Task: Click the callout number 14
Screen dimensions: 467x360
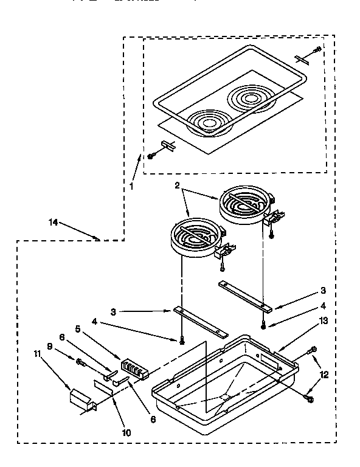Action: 54,223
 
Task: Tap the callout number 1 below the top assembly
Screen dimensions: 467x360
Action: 131,187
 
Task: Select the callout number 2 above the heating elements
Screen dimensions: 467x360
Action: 178,187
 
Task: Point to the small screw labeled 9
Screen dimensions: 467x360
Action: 80,362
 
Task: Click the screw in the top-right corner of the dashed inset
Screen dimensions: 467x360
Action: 316,50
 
